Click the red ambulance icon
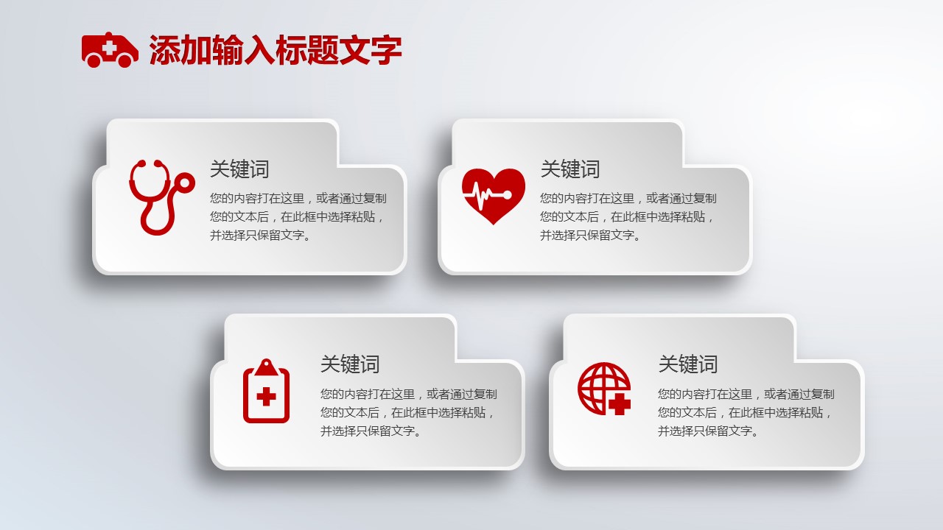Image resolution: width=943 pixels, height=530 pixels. [110, 50]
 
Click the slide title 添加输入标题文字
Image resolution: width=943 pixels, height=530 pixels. [276, 50]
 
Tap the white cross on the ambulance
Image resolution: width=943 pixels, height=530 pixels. [110, 48]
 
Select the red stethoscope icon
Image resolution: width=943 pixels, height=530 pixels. [161, 197]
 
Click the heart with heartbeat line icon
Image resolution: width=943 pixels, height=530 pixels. [494, 196]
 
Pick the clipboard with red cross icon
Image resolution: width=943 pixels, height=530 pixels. [266, 391]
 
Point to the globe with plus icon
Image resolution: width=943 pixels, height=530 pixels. [604, 389]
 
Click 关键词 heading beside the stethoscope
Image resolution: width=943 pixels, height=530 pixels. [239, 169]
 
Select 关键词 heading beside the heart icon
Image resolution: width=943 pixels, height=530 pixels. [570, 169]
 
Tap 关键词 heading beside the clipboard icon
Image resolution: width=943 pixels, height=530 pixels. [350, 364]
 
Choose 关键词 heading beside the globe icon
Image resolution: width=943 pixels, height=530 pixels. [688, 364]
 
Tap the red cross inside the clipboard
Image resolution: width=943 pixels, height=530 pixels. [266, 396]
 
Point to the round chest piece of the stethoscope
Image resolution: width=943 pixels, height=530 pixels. [185, 183]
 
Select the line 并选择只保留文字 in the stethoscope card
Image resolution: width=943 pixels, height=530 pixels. [260, 235]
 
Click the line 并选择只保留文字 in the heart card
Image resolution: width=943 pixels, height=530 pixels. [590, 235]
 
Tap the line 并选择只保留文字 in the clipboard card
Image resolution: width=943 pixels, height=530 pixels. [371, 431]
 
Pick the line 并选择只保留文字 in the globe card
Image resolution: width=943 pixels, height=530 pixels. [708, 431]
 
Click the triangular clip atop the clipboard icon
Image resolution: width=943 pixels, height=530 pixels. [266, 367]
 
